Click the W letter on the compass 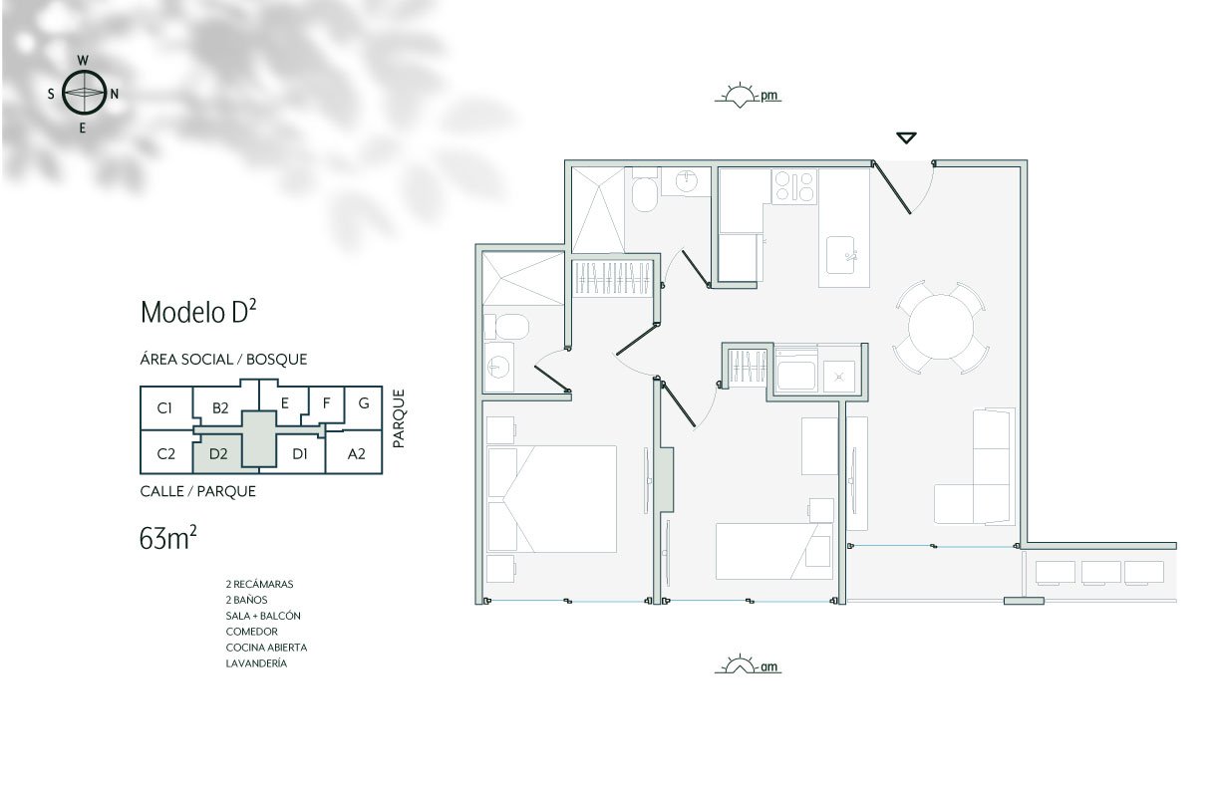[83, 60]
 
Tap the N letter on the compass [115, 94]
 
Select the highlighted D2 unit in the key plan [218, 453]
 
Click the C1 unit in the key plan [164, 407]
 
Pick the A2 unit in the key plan [356, 453]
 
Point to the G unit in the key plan [364, 403]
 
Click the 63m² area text [167, 539]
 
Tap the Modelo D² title [198, 312]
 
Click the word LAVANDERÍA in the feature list [256, 663]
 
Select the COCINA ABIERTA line [266, 648]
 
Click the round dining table [941, 327]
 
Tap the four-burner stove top [794, 186]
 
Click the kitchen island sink [841, 255]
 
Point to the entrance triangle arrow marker [906, 137]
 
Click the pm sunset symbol [748, 97]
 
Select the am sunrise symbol [748, 663]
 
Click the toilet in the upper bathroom [645, 190]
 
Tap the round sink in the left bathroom [497, 367]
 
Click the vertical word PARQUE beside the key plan [399, 418]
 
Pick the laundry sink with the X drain [839, 376]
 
